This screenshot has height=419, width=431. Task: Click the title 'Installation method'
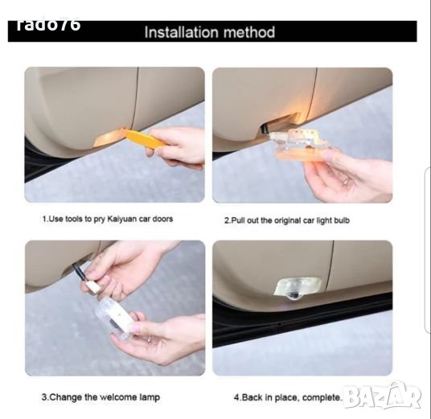coord(209,32)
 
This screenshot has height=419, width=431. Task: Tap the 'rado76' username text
coord(48,24)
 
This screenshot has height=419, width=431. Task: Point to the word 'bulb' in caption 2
coord(342,220)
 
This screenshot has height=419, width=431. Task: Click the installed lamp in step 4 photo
coord(298,289)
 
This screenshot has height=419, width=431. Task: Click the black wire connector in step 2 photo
coord(265,129)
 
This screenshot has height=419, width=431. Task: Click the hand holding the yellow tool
coord(179,149)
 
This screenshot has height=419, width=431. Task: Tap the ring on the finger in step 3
coord(150,339)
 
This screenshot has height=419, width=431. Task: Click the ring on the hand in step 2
coord(347,181)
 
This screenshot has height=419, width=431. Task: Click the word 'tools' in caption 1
coord(74,219)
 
